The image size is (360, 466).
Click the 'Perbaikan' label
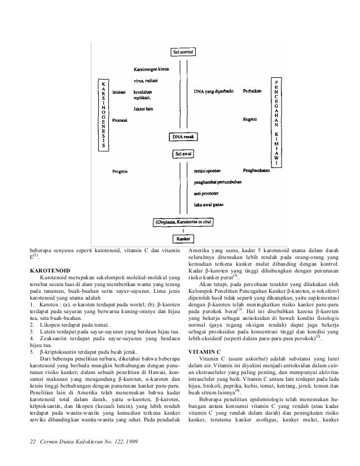252,91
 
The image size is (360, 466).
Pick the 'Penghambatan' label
255,169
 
